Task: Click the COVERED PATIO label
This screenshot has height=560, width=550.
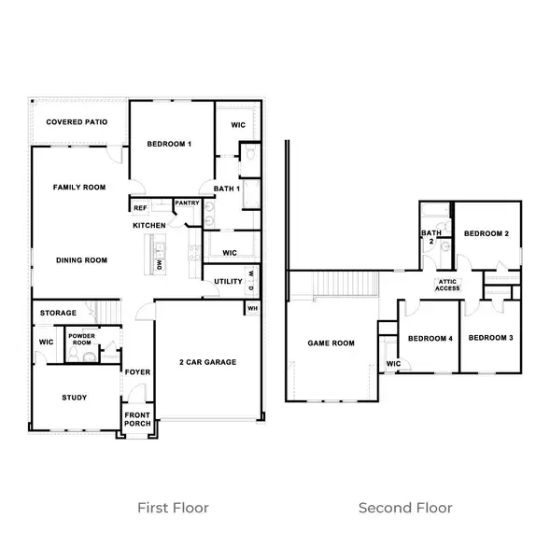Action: click(77, 122)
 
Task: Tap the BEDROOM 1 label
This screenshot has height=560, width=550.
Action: click(169, 144)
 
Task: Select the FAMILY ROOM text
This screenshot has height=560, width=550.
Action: click(78, 188)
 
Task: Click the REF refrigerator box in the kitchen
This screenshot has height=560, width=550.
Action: click(140, 208)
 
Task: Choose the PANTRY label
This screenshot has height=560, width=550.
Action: click(187, 203)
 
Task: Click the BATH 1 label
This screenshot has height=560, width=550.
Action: click(227, 189)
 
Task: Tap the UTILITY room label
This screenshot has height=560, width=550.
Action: click(228, 281)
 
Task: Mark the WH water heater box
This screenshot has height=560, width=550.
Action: click(252, 307)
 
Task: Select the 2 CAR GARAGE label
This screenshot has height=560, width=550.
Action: click(207, 362)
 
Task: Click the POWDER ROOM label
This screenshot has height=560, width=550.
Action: click(81, 340)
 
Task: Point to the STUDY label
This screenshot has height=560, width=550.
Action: click(75, 398)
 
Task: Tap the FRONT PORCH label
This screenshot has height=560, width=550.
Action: click(137, 418)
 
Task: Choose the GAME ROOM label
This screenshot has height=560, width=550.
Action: click(331, 343)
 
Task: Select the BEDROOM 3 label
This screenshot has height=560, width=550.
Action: click(490, 338)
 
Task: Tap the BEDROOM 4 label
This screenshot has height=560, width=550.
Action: click(430, 338)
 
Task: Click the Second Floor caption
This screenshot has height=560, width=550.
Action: click(405, 508)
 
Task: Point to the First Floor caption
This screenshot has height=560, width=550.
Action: click(173, 508)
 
